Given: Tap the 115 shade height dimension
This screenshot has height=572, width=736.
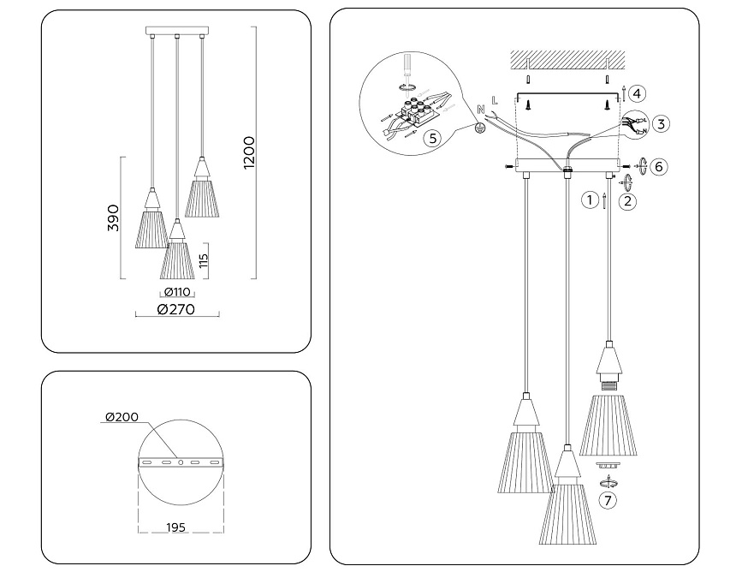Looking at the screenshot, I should coord(204,260).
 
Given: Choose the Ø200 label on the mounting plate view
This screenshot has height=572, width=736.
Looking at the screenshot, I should coord(122,417).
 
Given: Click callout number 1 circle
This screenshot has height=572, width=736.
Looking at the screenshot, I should coord(589,201).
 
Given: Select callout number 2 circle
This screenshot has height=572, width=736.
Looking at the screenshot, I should coord(628,202).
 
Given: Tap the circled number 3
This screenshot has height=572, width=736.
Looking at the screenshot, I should coord(662,123).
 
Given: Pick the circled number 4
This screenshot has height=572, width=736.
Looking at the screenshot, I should coord(638,93).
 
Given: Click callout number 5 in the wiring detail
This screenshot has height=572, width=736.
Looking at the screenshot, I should coord(433,137).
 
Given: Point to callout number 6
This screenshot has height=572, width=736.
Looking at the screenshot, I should coord(657,166).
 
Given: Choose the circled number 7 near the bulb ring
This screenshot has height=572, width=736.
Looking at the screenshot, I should coord(608,501).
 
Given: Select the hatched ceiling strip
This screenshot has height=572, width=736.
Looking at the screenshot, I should coord(569,61).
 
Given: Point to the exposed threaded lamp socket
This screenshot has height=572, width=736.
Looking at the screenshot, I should coord(608,384).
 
